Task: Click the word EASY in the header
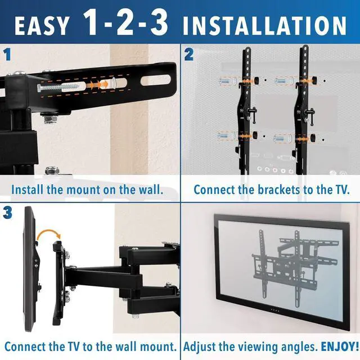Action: click(43, 25)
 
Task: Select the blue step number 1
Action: click(8, 55)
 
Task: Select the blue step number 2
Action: click(189, 55)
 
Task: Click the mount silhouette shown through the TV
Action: click(281, 264)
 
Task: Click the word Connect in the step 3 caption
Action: click(25, 346)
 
